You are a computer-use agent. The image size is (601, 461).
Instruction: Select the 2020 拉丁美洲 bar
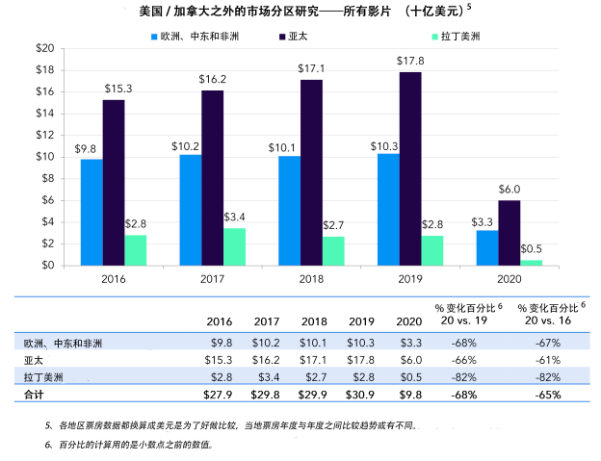(x=532, y=262)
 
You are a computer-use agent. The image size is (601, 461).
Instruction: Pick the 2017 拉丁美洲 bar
(x=235, y=246)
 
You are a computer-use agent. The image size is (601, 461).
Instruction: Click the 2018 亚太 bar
(x=312, y=173)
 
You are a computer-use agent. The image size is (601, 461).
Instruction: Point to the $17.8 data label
(x=410, y=62)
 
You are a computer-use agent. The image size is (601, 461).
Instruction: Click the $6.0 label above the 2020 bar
(x=509, y=190)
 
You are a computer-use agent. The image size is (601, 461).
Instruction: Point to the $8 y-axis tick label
(x=46, y=178)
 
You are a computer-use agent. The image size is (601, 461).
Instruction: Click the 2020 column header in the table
(x=407, y=321)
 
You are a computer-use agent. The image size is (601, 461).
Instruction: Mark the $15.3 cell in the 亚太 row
(x=222, y=359)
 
